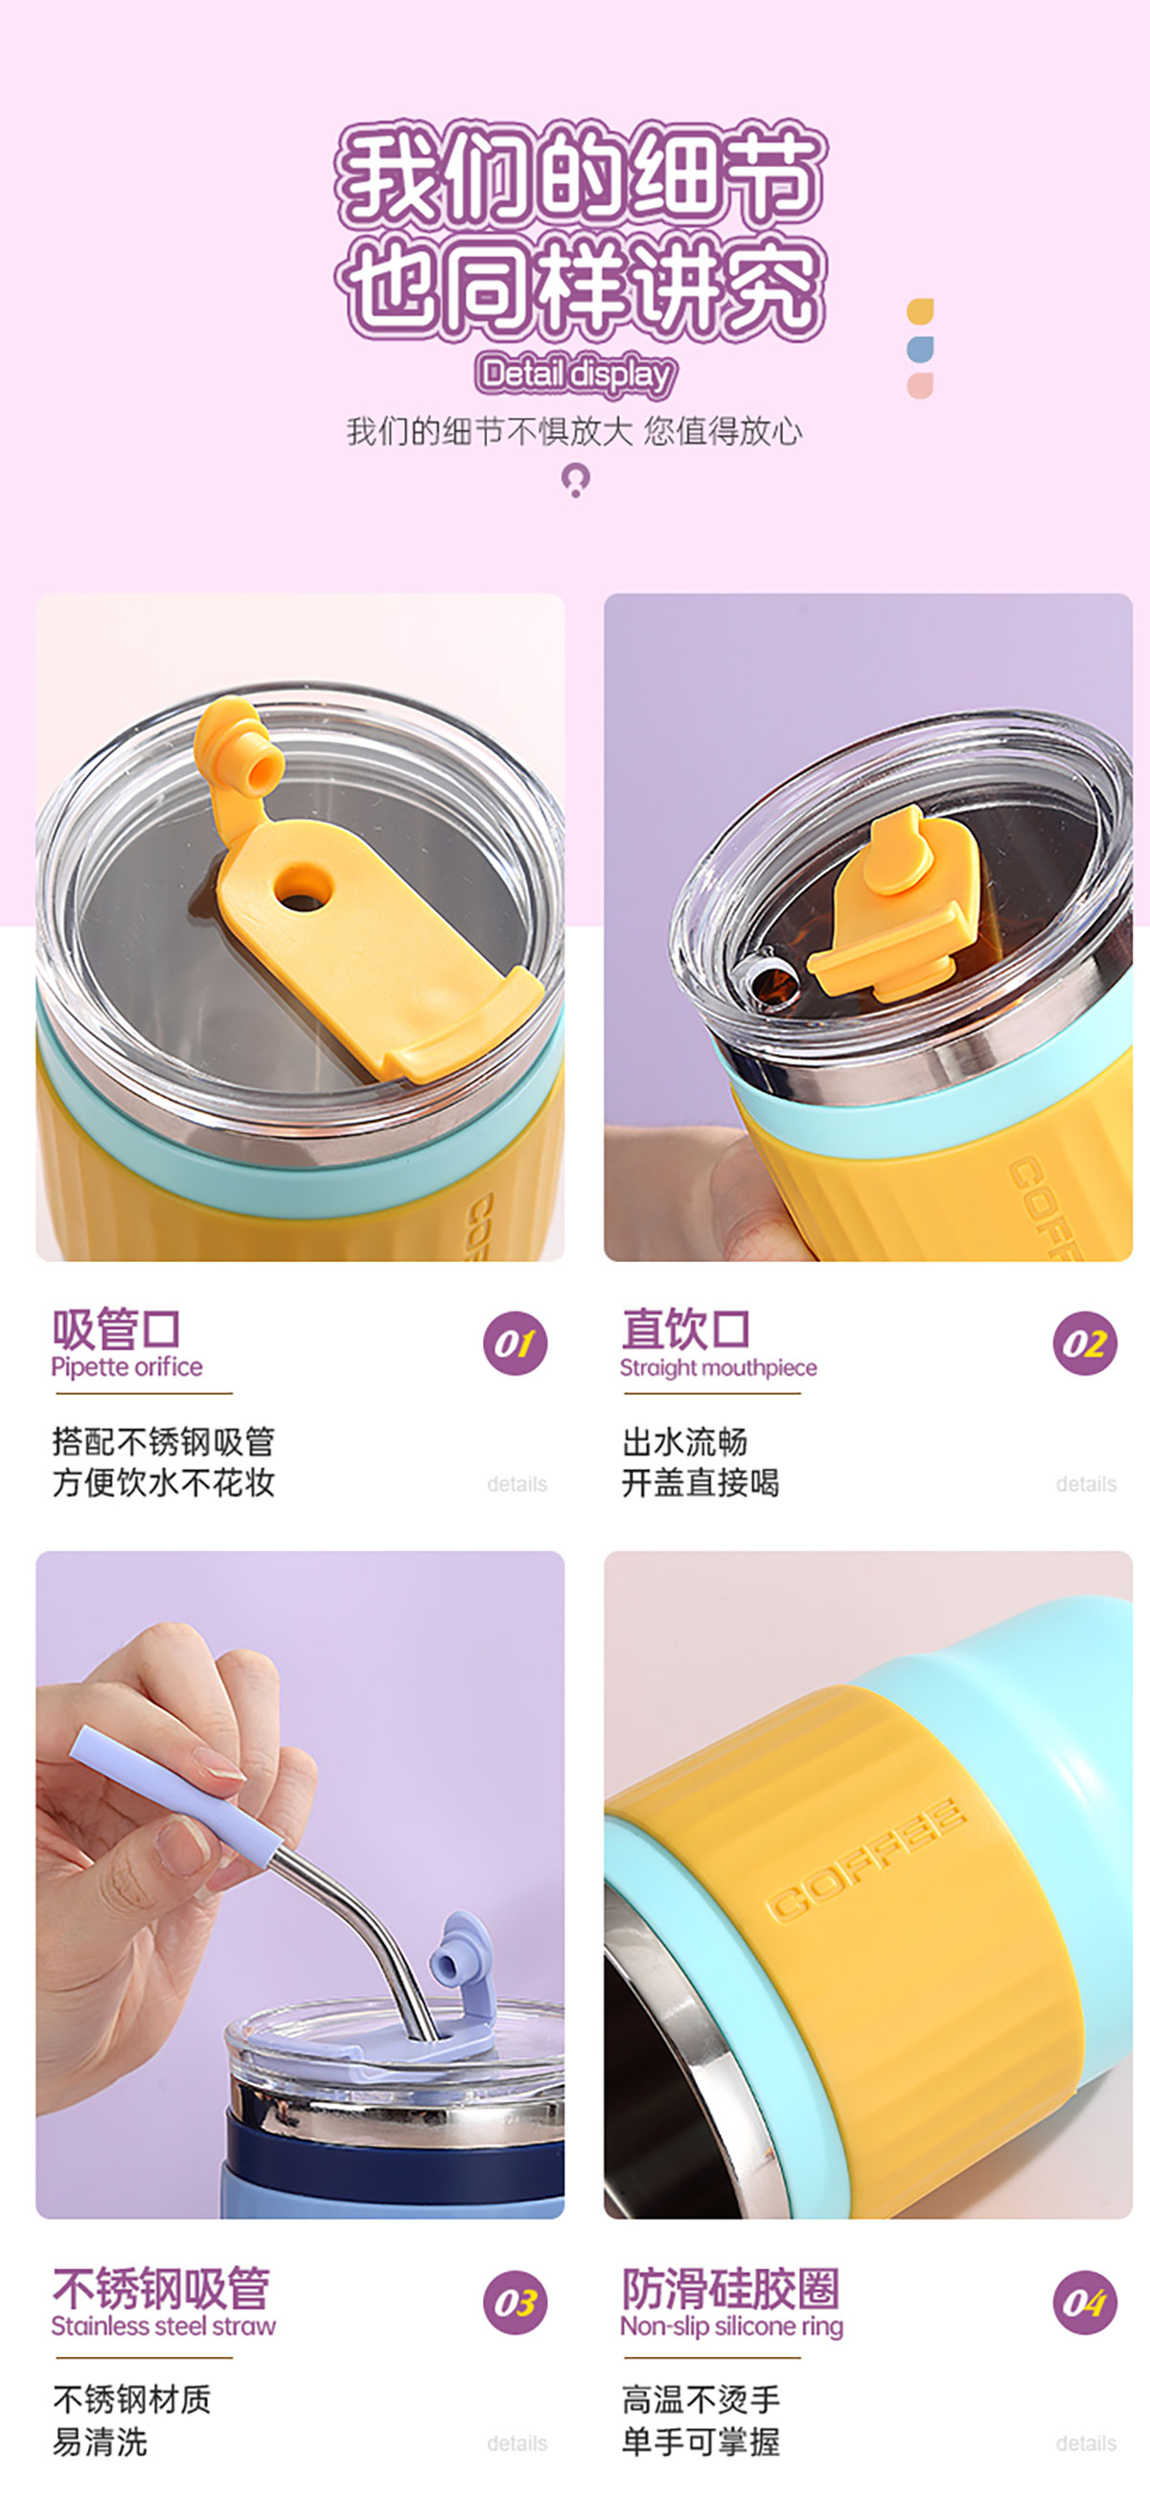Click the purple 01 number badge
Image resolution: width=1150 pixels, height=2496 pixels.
pyautogui.click(x=515, y=1343)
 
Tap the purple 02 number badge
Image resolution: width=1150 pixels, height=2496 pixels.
pyautogui.click(x=1084, y=1343)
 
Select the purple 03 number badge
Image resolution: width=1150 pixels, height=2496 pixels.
pyautogui.click(x=515, y=2302)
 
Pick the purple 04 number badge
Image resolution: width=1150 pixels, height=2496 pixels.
pyautogui.click(x=1084, y=2302)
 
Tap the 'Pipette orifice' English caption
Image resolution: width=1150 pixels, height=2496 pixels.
pyautogui.click(x=126, y=1367)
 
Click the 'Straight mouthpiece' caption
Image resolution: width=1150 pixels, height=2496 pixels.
pyautogui.click(x=719, y=1367)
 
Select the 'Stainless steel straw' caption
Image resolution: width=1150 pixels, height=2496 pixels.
pyautogui.click(x=164, y=2326)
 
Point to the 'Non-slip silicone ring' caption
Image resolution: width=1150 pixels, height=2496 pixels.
pyautogui.click(x=732, y=2326)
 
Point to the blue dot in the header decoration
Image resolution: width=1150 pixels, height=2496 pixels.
pyautogui.click(x=920, y=349)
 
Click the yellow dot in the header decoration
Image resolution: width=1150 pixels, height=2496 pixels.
pyautogui.click(x=920, y=311)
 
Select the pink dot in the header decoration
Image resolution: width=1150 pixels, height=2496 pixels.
pyautogui.click(x=920, y=385)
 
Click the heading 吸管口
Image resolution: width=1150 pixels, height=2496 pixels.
pyautogui.click(x=116, y=1328)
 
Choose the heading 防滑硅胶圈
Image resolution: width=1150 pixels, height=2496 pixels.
pyautogui.click(x=730, y=2288)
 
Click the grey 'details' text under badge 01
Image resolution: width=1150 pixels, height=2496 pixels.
pyautogui.click(x=517, y=1483)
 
